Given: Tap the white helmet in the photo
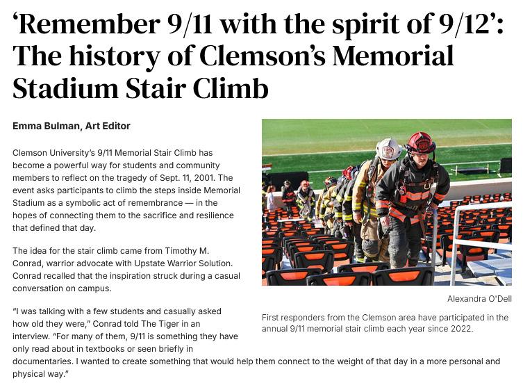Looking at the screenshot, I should tap(388, 148).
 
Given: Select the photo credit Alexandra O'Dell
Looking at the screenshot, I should tap(479, 299).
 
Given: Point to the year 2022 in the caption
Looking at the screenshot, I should tap(460, 328).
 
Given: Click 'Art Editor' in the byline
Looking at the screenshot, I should tap(107, 126).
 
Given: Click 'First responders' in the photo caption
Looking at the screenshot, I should tap(294, 318).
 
